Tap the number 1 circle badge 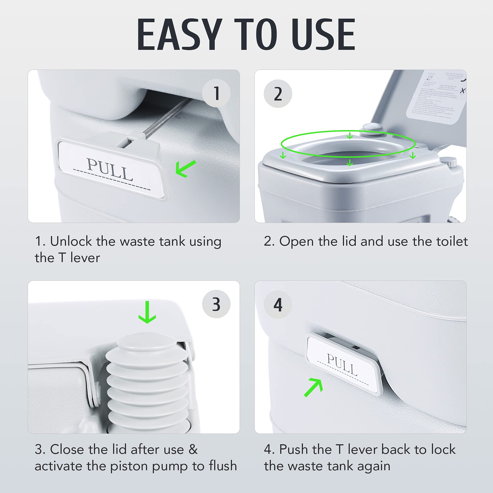[x=216, y=93]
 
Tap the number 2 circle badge [x=278, y=94]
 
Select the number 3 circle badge [x=216, y=304]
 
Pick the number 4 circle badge [x=278, y=305]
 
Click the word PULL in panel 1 [x=110, y=169]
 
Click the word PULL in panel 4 [x=342, y=365]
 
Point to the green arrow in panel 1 [x=185, y=168]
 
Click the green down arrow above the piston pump [x=147, y=312]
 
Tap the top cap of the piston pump [x=147, y=343]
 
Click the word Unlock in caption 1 [x=71, y=242]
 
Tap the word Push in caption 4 [x=291, y=449]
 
